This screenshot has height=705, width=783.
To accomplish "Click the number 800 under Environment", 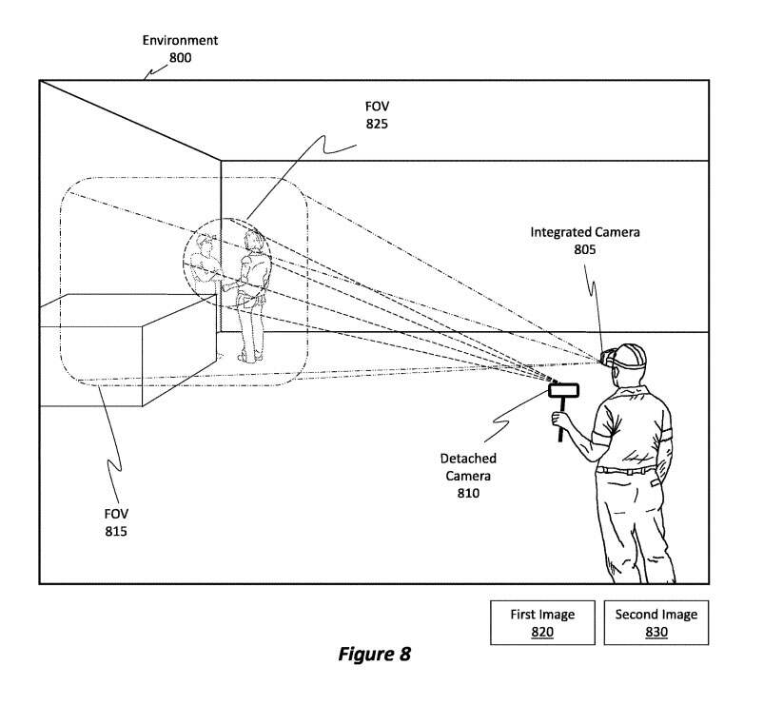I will click(180, 57).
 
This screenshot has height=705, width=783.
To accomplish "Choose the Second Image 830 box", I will click(656, 622).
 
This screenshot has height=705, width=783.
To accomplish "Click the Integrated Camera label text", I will click(585, 231).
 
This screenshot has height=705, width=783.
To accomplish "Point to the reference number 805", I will click(585, 249).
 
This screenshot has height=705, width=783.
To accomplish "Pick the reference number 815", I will click(116, 530).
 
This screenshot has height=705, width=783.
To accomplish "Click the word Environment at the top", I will click(180, 40).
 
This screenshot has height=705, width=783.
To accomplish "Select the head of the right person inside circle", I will click(251, 239).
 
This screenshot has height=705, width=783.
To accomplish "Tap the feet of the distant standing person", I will click(248, 356).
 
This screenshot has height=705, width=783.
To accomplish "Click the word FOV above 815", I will click(116, 513).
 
